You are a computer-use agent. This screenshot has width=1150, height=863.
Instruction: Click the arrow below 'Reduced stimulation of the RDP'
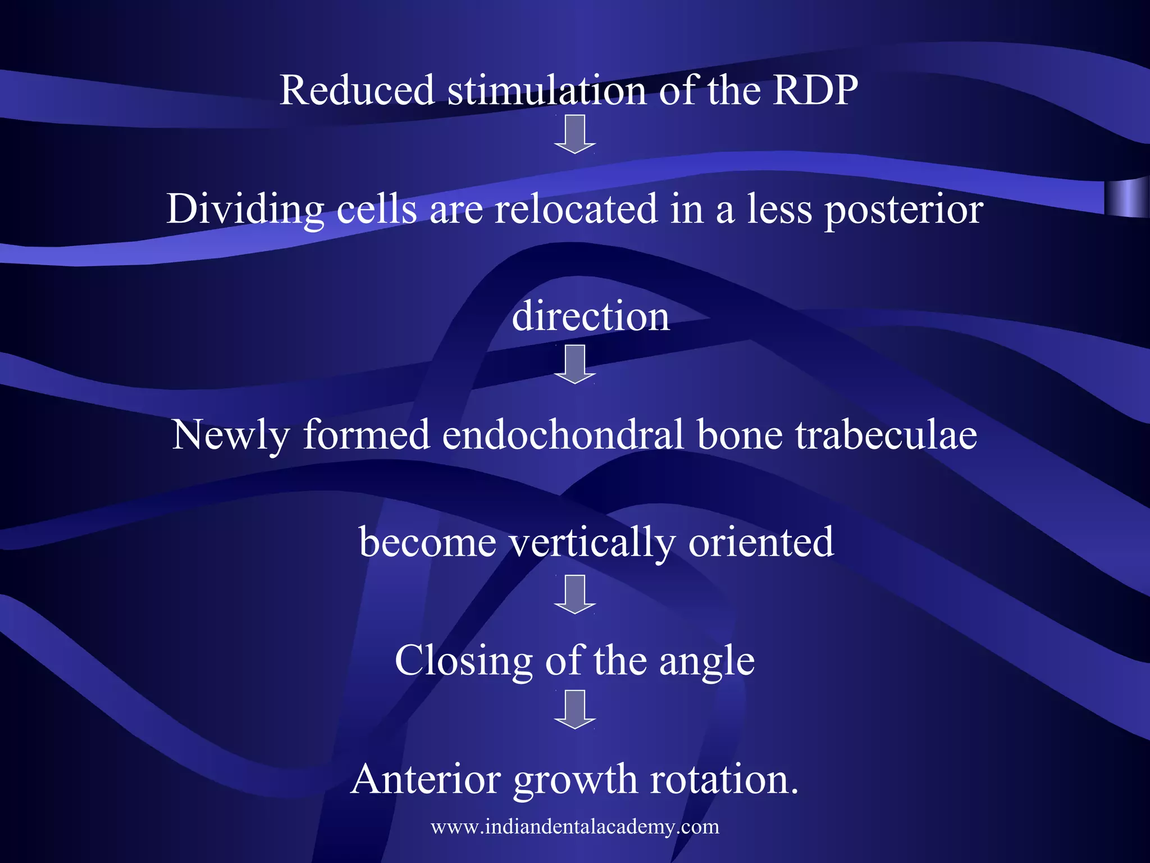point(574,133)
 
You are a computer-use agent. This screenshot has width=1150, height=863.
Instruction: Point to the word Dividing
point(245,210)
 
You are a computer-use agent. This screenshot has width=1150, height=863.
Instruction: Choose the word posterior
point(903,210)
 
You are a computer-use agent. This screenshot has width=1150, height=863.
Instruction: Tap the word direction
point(591,316)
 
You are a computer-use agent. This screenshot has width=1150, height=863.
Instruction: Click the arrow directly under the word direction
point(574,364)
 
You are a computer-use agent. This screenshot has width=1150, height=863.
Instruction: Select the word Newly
point(231,435)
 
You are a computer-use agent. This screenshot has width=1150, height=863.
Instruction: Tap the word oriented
point(761,542)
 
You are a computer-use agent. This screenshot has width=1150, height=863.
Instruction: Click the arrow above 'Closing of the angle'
point(574,594)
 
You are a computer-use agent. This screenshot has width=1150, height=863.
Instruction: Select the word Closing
point(463,661)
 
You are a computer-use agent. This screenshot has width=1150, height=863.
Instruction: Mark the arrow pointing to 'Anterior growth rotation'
point(574,709)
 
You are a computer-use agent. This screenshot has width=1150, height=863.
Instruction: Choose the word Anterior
point(426,779)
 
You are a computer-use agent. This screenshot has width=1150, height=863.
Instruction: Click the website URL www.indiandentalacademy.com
point(575,826)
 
